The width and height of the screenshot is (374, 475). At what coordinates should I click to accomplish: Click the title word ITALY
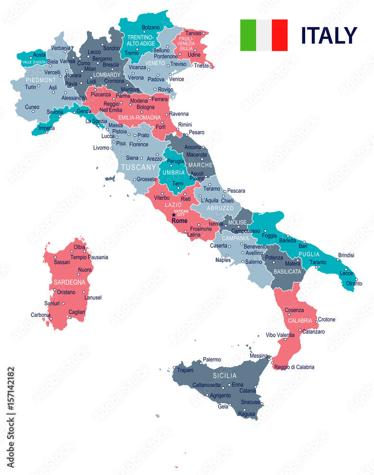(x=328, y=36)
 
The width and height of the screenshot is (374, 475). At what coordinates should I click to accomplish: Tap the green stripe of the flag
(x=248, y=35)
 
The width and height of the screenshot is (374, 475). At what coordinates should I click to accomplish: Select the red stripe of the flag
(x=280, y=35)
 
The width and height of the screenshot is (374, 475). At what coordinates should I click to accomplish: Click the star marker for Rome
(x=173, y=215)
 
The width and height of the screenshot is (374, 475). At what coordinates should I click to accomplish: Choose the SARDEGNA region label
(x=69, y=282)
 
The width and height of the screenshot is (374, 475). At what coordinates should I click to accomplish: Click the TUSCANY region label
(x=139, y=167)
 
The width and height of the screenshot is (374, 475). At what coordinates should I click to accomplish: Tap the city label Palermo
(x=212, y=360)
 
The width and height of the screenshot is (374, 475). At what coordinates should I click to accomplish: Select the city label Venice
(x=176, y=79)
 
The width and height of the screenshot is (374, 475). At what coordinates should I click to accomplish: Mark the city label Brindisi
(x=346, y=256)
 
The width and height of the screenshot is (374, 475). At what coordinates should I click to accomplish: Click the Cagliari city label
(x=76, y=312)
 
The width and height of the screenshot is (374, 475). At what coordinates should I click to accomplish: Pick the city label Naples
(x=223, y=260)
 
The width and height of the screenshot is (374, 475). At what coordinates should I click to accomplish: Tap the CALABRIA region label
(x=300, y=320)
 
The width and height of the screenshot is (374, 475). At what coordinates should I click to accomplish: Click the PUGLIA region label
(x=322, y=254)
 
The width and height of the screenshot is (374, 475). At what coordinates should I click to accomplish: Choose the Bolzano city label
(x=151, y=27)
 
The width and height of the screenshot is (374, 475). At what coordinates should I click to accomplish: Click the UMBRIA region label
(x=174, y=172)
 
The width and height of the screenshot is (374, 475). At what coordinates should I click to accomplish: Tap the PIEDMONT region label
(x=41, y=80)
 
